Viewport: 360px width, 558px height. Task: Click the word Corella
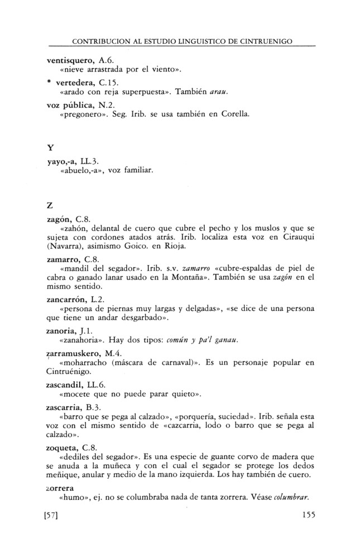(x=235, y=116)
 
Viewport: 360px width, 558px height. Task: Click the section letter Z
(x=50, y=207)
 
